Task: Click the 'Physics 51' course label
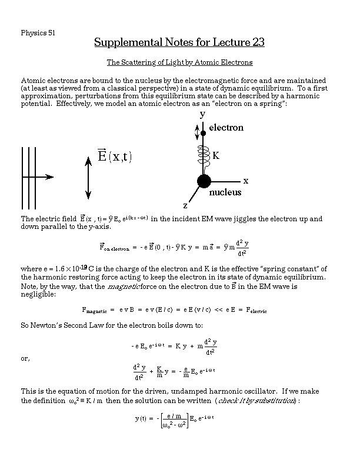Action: coord(38,32)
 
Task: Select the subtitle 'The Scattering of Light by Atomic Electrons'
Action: coord(179,62)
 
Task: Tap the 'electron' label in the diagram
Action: coord(226,127)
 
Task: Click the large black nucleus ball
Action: coord(204,180)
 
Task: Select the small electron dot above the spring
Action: coord(204,134)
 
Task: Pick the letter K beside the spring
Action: coord(216,156)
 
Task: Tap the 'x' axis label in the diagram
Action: coord(246,180)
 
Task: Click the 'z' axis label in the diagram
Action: coord(185,205)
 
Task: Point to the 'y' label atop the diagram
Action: coord(202,113)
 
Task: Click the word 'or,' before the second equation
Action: coord(26,358)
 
